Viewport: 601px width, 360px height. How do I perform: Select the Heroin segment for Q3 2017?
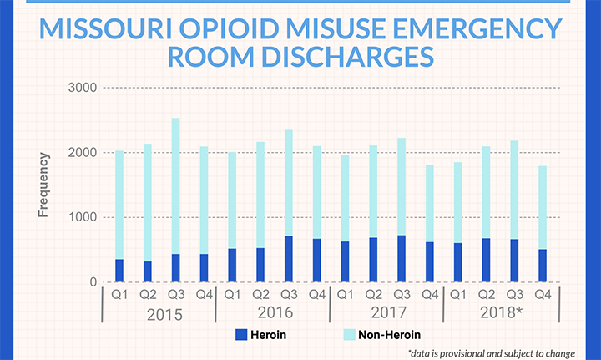click(402, 259)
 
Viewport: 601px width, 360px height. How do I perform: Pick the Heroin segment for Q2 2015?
click(148, 271)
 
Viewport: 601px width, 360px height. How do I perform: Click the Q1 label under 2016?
click(232, 295)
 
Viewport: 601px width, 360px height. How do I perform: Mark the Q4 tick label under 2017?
click(430, 295)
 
